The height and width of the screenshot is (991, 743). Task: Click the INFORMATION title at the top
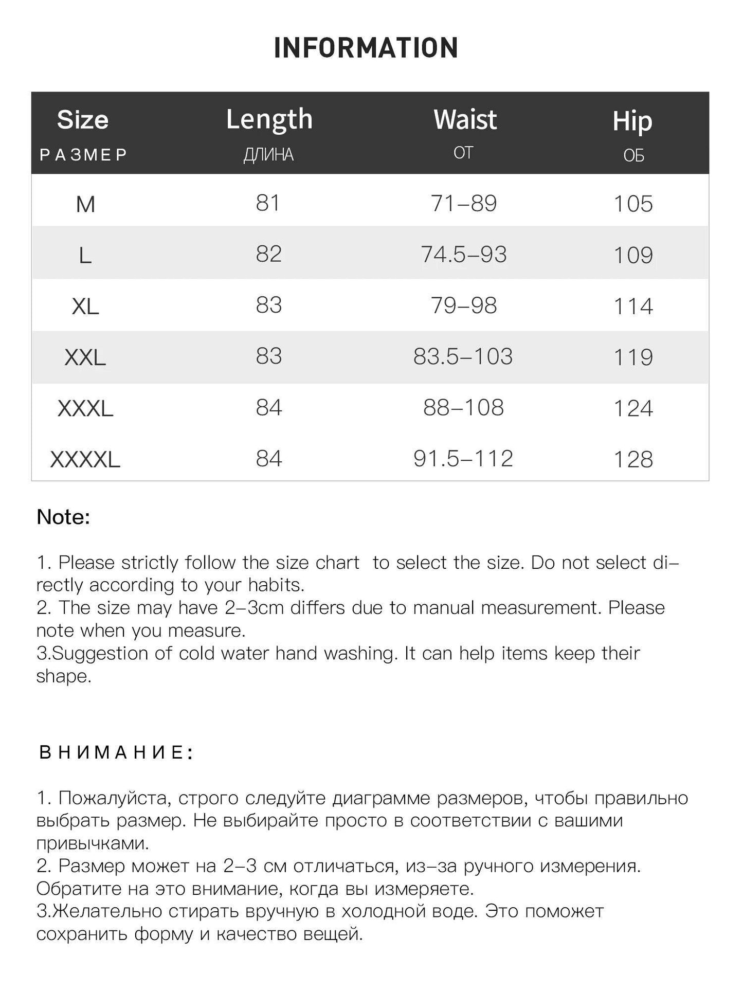point(366,48)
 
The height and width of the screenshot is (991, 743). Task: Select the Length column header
point(269,119)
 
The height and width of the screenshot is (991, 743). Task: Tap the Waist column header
point(465,119)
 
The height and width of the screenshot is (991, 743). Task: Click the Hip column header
point(632,121)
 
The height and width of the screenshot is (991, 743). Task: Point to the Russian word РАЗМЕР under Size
point(83,155)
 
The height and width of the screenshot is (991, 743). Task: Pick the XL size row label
point(85,307)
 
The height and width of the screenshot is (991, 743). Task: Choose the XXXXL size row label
point(85,459)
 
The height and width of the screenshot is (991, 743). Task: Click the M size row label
point(85,204)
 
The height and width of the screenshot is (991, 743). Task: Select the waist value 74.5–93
point(464,255)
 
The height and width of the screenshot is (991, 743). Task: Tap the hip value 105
point(633,204)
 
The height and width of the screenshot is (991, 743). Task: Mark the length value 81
point(268,203)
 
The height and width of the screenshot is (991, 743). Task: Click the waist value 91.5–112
point(463,459)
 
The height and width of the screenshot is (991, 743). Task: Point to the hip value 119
point(633,357)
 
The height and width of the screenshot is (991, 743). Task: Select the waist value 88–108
point(463,408)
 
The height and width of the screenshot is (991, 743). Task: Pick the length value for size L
point(269,254)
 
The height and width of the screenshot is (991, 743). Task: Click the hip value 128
point(633,459)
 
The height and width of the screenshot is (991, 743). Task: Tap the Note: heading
point(63,517)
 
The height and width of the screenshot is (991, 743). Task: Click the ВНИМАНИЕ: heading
point(116,752)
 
